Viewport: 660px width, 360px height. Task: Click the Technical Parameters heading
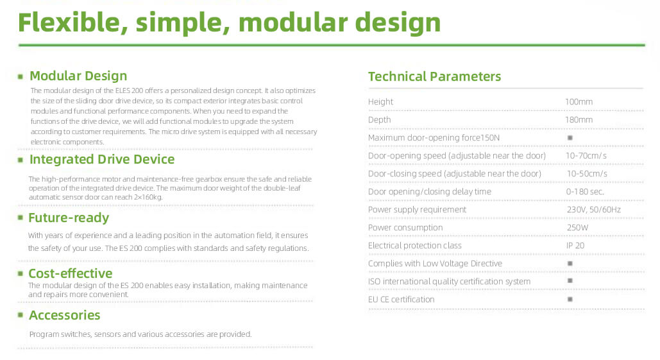[434, 77]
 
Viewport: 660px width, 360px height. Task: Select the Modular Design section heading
[78, 76]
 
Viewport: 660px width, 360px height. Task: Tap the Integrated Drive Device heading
[101, 160]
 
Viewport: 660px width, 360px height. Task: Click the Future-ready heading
[69, 218]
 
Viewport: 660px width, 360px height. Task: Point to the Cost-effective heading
[70, 274]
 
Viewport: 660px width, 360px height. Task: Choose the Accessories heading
[64, 316]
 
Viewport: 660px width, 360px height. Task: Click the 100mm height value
[579, 102]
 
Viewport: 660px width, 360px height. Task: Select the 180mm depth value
[579, 120]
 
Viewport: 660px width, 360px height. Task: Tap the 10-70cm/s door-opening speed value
[586, 156]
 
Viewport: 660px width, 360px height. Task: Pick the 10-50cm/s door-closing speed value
[586, 174]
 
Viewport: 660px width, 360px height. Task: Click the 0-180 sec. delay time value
[584, 192]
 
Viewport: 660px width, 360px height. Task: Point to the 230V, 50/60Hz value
[593, 210]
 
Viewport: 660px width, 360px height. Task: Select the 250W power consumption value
[577, 228]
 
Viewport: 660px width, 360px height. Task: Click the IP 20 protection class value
[575, 246]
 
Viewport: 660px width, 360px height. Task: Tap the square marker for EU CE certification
[570, 300]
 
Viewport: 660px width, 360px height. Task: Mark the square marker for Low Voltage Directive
[570, 264]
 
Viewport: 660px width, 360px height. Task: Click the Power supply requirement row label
[417, 210]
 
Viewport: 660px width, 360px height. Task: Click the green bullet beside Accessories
[21, 316]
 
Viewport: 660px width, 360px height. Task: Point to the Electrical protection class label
[414, 246]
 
